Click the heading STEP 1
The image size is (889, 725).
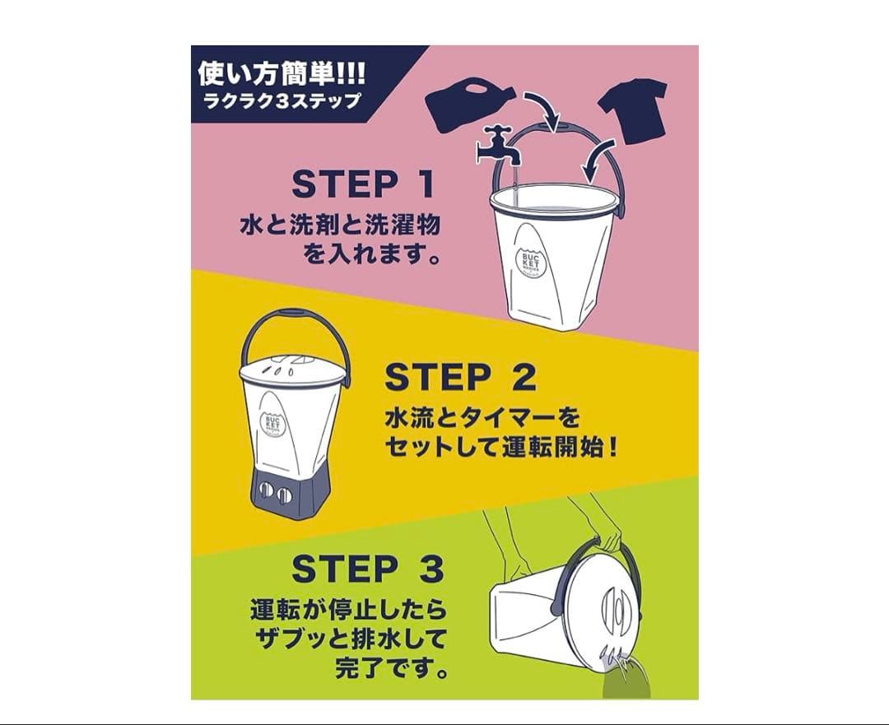pos(363,184)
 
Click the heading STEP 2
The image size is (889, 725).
pos(460,377)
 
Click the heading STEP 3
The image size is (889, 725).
pos(368,569)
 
